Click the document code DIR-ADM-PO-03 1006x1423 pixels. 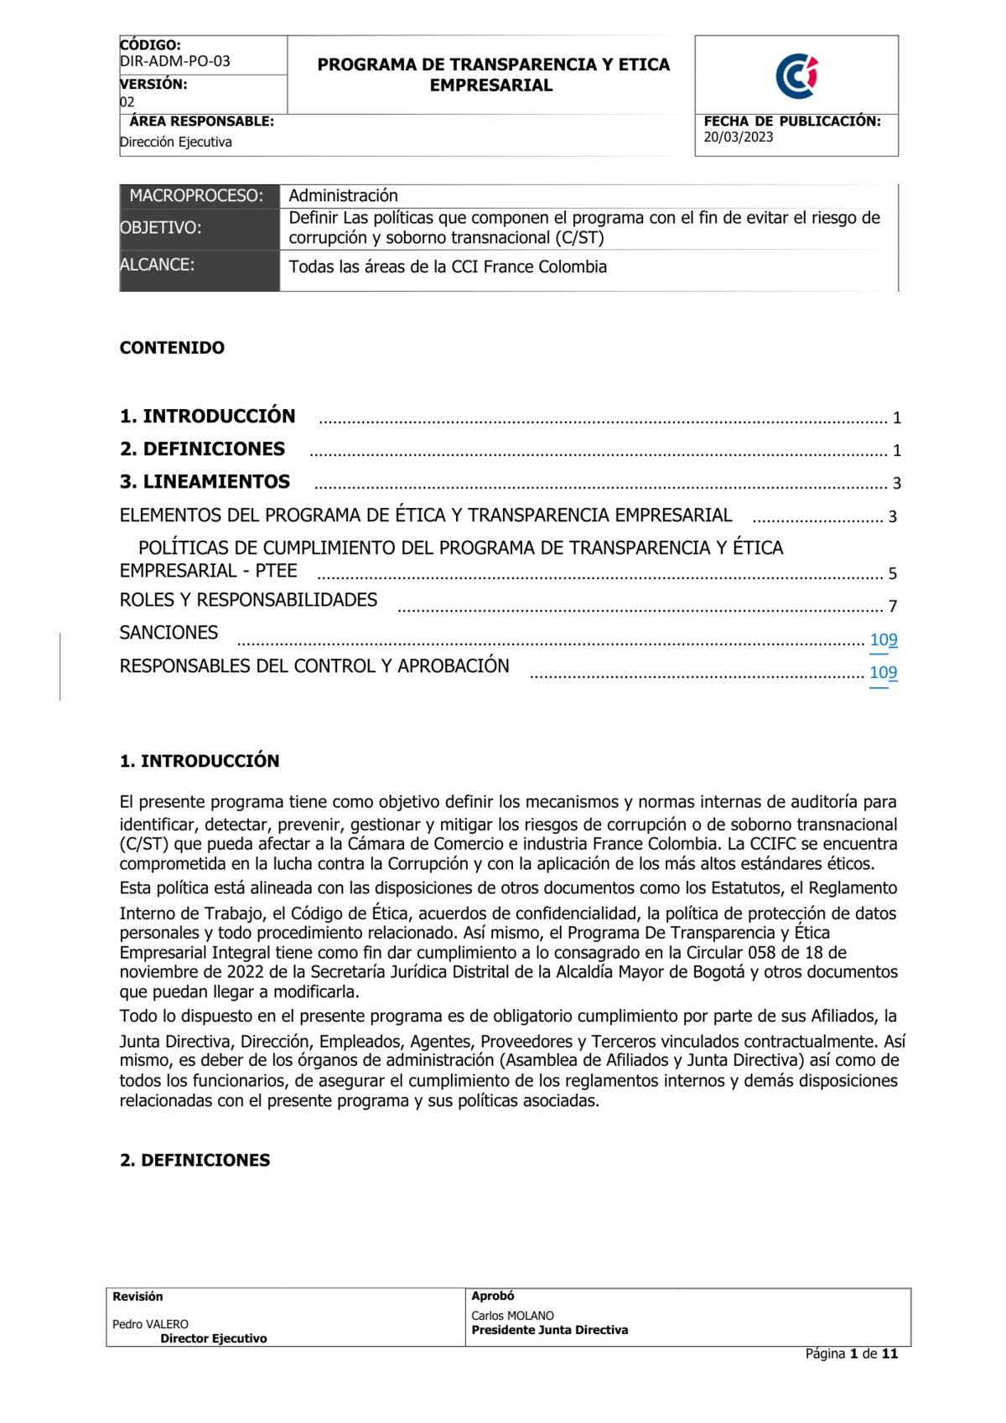point(174,61)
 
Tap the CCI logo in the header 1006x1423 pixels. point(796,76)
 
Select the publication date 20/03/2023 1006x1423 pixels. point(738,137)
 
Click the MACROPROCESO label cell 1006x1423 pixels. point(196,196)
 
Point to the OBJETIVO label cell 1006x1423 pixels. point(161,228)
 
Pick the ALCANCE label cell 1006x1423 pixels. point(158,265)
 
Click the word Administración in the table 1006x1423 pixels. point(343,196)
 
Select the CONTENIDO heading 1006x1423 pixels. point(172,348)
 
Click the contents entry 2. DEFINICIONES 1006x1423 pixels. point(202,449)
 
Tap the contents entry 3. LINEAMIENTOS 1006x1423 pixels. point(205,482)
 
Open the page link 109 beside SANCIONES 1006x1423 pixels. point(884,640)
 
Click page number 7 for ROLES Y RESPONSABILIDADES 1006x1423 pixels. point(893,606)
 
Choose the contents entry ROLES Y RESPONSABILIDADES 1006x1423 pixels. point(248,600)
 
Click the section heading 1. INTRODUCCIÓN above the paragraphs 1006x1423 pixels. point(200,761)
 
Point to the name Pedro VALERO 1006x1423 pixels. point(150,1324)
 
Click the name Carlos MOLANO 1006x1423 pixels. point(512,1316)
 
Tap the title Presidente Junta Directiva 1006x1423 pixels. point(549,1330)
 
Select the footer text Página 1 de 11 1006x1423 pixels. point(851,1353)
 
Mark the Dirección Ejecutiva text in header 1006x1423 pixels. point(176,142)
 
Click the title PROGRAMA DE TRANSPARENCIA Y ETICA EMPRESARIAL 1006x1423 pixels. point(493,75)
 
